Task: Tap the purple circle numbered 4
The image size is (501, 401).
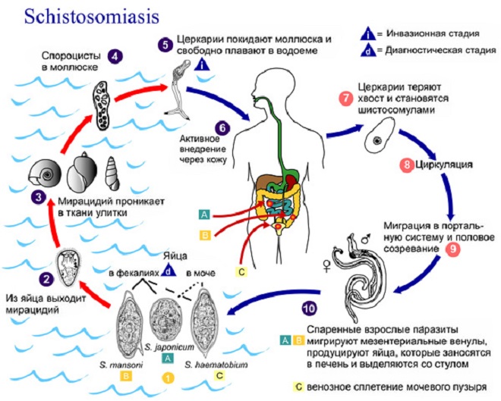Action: [115, 55]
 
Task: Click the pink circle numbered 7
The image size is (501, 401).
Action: [346, 99]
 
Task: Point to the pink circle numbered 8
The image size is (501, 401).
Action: [405, 164]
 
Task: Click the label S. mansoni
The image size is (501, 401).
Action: [120, 364]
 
